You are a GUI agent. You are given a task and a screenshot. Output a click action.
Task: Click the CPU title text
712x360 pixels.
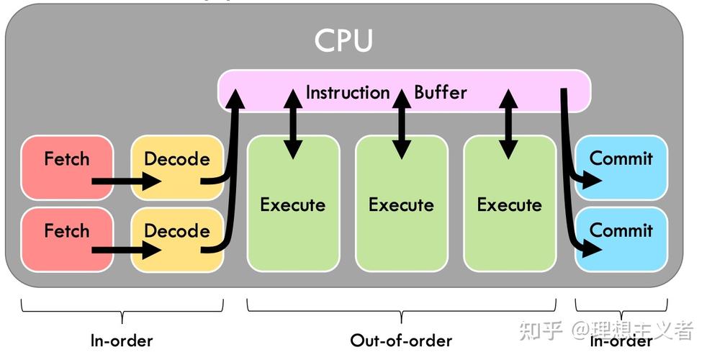(343, 40)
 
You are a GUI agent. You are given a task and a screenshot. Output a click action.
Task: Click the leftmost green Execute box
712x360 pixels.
(292, 204)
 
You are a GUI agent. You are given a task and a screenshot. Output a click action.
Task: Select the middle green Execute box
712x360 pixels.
(401, 204)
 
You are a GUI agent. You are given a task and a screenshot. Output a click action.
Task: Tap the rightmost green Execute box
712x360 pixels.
(509, 204)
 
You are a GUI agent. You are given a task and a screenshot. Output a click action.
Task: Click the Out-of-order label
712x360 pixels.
(401, 340)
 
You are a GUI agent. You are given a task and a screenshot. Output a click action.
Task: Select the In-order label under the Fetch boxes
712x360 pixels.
(122, 340)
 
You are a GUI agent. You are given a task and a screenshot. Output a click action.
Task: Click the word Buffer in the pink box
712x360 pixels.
(440, 92)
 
